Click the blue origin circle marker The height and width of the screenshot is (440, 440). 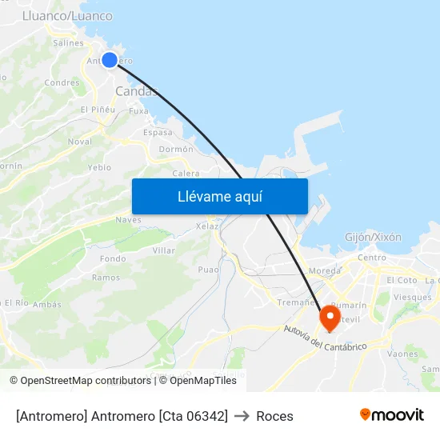pyautogui.click(x=110, y=59)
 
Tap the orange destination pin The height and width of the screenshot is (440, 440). pyautogui.click(x=329, y=318)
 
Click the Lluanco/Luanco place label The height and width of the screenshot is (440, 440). pyautogui.click(x=67, y=16)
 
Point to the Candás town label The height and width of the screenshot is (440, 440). pyautogui.click(x=135, y=91)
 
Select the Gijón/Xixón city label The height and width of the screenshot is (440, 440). pyautogui.click(x=373, y=238)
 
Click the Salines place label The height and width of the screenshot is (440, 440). pyautogui.click(x=68, y=43)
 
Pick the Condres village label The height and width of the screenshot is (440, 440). pyautogui.click(x=62, y=82)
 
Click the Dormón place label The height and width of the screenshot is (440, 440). pyautogui.click(x=176, y=149)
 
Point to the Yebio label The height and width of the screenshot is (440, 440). pyautogui.click(x=100, y=167)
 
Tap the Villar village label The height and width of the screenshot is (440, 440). pyautogui.click(x=163, y=250)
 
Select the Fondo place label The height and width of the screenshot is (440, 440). pyautogui.click(x=113, y=258)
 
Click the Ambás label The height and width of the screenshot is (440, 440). pyautogui.click(x=47, y=304)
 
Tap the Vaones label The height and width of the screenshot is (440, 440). pyautogui.click(x=402, y=354)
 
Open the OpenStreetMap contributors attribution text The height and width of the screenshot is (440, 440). pyautogui.click(x=79, y=381)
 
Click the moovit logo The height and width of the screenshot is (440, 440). pyautogui.click(x=391, y=414)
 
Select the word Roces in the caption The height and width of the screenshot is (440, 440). pyautogui.click(x=274, y=416)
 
